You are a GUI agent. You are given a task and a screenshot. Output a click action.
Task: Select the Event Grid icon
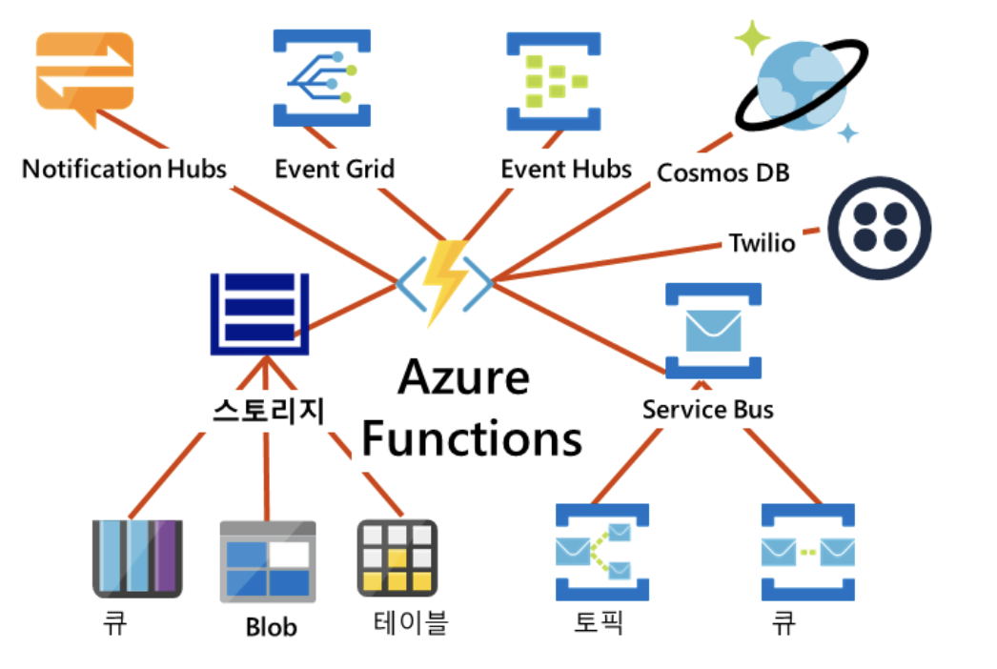point(322,78)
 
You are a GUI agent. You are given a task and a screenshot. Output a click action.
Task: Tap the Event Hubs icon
point(554,81)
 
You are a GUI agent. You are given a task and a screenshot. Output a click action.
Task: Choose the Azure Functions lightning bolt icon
point(445,281)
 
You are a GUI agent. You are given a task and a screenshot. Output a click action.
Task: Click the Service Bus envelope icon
point(713,331)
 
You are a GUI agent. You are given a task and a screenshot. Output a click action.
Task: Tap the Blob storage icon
point(267,561)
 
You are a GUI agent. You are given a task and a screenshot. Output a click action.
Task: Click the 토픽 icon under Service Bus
point(601,553)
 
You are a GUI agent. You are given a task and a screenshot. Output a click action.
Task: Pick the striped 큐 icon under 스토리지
point(137,557)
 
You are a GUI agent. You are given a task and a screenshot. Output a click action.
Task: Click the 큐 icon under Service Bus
point(807,553)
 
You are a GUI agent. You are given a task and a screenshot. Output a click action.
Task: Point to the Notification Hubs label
point(124,170)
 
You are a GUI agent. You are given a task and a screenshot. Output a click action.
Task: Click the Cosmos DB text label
point(722,173)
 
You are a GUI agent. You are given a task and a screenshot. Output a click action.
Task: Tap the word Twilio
point(762,242)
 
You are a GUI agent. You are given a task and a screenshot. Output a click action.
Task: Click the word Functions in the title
point(472,439)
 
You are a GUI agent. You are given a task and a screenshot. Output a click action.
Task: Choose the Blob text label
point(271,627)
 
